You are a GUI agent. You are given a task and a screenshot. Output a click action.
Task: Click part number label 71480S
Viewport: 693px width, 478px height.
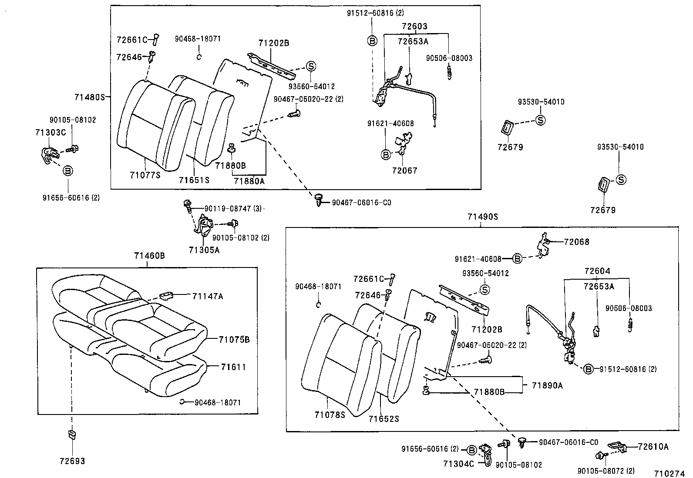coord(90,97)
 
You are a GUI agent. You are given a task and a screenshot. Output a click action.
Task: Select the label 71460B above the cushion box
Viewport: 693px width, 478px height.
coord(149,256)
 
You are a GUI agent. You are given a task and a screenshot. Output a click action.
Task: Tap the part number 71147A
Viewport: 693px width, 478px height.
coord(207,296)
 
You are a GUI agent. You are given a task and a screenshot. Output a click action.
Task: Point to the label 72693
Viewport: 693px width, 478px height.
coord(72,461)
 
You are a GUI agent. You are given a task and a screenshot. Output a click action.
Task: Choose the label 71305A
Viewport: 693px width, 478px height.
coord(204,250)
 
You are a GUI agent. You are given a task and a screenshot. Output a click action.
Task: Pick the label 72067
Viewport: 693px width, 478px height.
coord(404,170)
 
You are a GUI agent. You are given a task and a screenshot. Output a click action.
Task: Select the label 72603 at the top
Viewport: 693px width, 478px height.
coord(414,27)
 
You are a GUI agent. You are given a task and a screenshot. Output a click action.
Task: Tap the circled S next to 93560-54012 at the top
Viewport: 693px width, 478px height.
coord(311,67)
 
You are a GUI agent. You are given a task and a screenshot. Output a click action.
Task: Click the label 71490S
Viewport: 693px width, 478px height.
coord(482,217)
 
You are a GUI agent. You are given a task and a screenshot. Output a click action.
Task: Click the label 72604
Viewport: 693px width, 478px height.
coord(597,271)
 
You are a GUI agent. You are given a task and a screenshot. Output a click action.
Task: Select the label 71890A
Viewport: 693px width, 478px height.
coord(547,385)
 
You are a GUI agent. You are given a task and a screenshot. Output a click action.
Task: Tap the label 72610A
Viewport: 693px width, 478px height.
coord(653,447)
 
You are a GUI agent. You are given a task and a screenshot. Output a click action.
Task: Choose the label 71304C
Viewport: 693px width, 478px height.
coord(459,464)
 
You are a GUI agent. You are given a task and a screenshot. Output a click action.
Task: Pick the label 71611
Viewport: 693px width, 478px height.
coord(233,368)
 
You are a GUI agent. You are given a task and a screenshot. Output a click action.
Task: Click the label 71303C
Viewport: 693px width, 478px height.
coord(50,132)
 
